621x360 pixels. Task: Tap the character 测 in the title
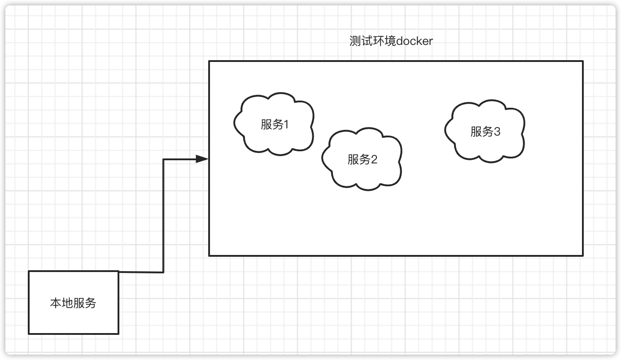point(355,41)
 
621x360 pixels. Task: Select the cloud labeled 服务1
point(274,124)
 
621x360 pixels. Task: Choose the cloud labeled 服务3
point(485,131)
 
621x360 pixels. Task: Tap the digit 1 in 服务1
point(286,124)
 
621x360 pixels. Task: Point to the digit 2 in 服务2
point(374,159)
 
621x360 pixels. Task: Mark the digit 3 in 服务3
point(497,132)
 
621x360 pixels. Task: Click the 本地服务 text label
point(73,303)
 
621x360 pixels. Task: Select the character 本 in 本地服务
point(56,303)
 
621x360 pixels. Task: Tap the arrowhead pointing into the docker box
point(202,159)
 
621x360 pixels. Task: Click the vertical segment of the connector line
point(163,215)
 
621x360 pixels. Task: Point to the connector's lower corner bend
point(163,272)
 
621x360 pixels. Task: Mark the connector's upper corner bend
point(163,159)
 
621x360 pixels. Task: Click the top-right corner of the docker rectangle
point(583,61)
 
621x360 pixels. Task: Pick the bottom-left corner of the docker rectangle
point(209,256)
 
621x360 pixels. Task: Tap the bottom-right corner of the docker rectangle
point(583,256)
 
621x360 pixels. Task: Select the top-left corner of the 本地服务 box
point(29,271)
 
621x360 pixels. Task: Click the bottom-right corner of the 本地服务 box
point(118,334)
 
